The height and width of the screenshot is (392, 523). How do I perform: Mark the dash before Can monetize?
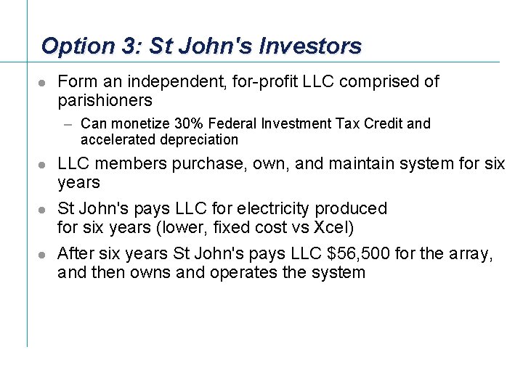click(x=69, y=124)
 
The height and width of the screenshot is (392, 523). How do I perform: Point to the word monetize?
click(x=140, y=124)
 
